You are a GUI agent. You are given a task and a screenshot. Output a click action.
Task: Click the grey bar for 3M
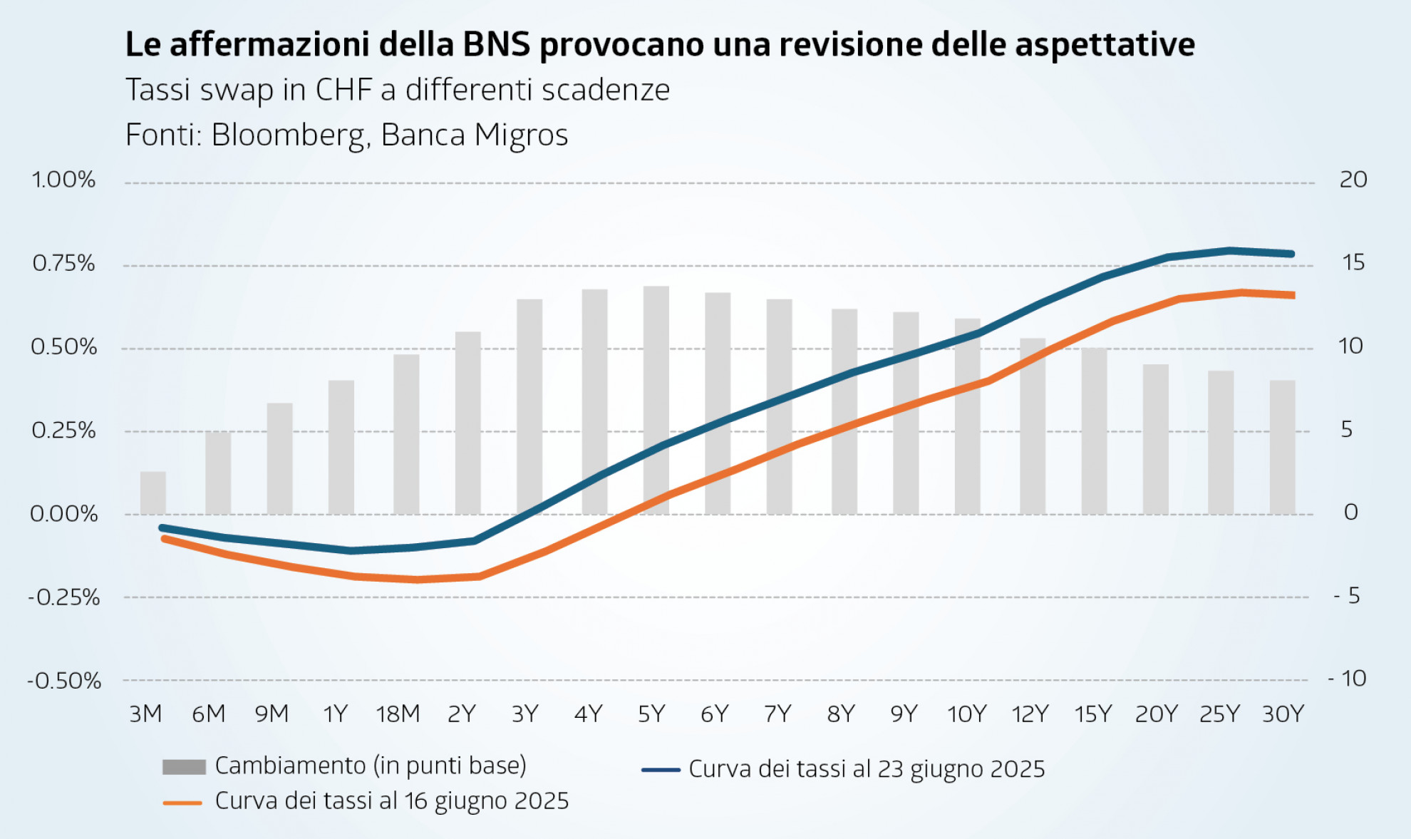pyautogui.click(x=153, y=493)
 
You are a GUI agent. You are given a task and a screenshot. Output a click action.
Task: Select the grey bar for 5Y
pyautogui.click(x=656, y=399)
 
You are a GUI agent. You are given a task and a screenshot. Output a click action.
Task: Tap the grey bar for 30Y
pyautogui.click(x=1282, y=447)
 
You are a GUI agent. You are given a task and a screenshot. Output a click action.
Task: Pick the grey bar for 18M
pyautogui.click(x=406, y=434)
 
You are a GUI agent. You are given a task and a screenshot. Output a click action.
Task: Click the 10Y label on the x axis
pyautogui.click(x=966, y=714)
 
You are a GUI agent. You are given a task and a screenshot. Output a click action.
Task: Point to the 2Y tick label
pyautogui.click(x=461, y=714)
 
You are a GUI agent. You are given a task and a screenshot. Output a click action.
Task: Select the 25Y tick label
pyautogui.click(x=1219, y=714)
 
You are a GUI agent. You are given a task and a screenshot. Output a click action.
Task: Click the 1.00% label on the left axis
pyautogui.click(x=63, y=180)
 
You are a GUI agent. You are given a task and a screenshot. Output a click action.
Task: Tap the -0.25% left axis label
pyautogui.click(x=64, y=597)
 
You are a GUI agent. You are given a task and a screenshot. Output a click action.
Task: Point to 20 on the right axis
pyautogui.click(x=1353, y=180)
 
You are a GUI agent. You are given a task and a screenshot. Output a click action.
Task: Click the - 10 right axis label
pyautogui.click(x=1347, y=679)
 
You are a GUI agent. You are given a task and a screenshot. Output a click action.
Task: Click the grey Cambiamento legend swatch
pyautogui.click(x=184, y=767)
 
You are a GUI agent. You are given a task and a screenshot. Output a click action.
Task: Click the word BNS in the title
pyautogui.click(x=497, y=44)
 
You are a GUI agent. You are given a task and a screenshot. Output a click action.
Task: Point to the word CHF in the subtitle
pyautogui.click(x=343, y=90)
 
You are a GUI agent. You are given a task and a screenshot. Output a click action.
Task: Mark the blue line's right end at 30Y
pyautogui.click(x=1291, y=254)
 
